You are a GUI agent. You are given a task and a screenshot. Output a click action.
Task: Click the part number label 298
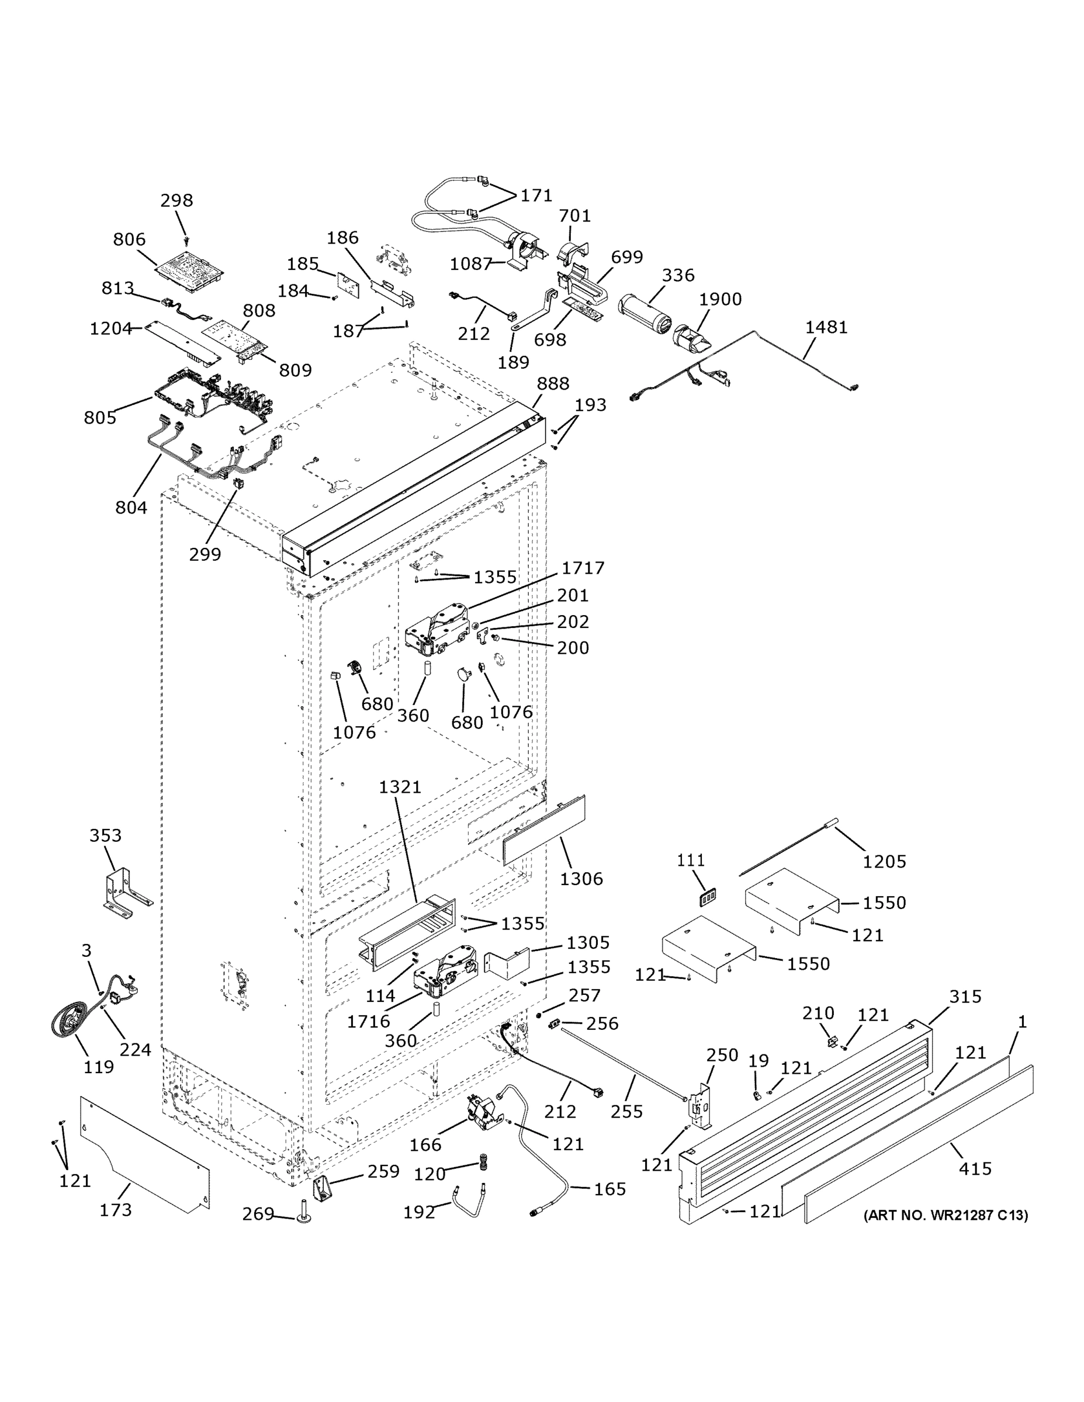pos(176,200)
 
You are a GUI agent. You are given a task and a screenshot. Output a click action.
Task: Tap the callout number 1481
pos(826,327)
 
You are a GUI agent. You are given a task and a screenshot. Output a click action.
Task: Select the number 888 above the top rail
pos(553,383)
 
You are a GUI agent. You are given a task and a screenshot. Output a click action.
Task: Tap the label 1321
pos(400,786)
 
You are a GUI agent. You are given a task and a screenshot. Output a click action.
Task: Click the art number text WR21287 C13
pos(946,1215)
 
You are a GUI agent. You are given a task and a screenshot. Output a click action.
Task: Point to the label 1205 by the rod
pos(884,862)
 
